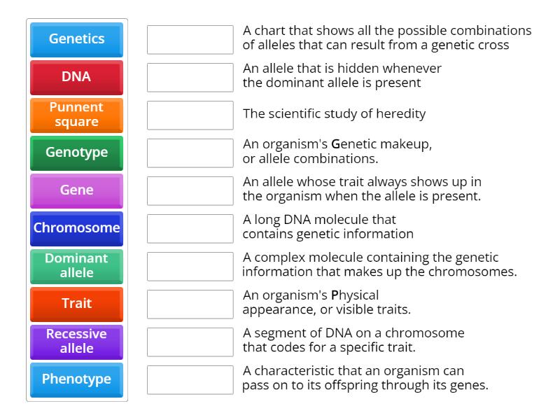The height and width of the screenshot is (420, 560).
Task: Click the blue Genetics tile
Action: tap(76, 39)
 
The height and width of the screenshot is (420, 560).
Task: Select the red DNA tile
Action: tap(76, 77)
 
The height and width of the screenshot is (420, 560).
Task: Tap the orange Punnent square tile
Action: tap(76, 115)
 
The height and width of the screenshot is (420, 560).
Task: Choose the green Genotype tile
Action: tap(76, 153)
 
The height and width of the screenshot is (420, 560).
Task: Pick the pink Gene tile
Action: tap(76, 190)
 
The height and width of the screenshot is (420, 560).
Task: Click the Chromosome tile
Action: tap(76, 228)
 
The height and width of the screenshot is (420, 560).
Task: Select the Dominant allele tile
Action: tap(76, 266)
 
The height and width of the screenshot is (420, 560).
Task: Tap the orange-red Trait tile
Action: tap(76, 304)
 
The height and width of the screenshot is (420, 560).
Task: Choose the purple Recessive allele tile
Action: tap(76, 342)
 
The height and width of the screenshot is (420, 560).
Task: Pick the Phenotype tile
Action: tap(76, 379)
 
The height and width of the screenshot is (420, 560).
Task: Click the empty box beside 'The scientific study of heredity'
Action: tap(190, 115)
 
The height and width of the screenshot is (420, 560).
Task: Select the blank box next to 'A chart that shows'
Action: tap(190, 39)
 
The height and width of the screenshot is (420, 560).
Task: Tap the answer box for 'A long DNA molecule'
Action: tap(190, 228)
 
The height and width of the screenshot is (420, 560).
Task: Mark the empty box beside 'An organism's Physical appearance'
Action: tap(190, 304)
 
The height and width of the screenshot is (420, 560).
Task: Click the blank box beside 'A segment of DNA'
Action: tap(190, 342)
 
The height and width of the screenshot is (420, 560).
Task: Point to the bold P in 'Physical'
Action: tap(335, 295)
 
